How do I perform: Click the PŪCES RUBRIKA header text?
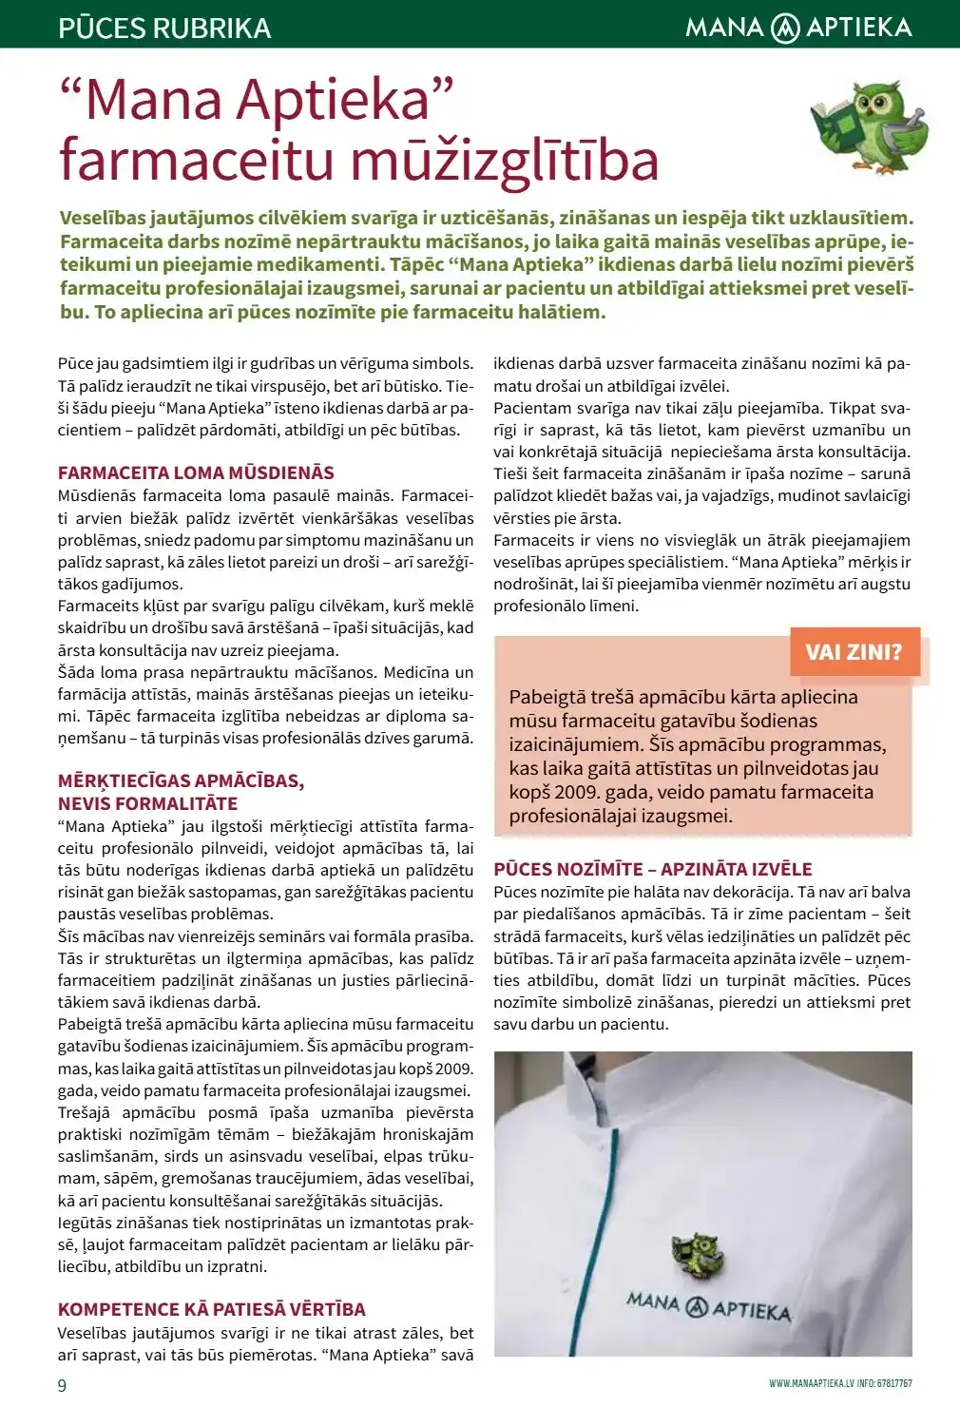pos(164,28)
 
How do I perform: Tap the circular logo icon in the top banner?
pos(785,28)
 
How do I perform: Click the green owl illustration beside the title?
pos(871,125)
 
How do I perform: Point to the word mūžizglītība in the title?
pos(506,160)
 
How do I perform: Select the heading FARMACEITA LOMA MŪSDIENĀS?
pos(196,472)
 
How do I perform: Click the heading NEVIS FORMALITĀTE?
pos(147,803)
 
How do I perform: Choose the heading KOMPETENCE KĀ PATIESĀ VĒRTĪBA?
pos(211,1309)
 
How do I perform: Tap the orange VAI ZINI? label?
pos(854,652)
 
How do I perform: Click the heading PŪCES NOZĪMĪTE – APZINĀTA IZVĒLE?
pos(653,869)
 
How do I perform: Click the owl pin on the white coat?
pos(700,1256)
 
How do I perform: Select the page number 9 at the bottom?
pos(63,1385)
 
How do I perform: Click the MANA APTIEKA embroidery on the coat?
pos(708,1307)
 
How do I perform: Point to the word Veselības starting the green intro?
pos(103,218)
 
